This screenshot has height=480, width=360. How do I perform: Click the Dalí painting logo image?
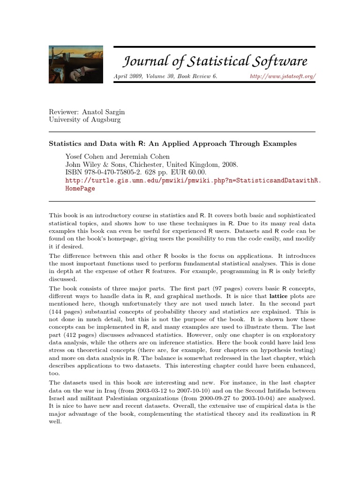pos(76,65)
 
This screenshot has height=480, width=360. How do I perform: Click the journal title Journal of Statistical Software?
pos(215,61)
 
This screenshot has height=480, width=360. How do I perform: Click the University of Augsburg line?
pos(85,120)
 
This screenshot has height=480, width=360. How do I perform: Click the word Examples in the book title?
pos(279,143)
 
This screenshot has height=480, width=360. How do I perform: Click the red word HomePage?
pos(80,188)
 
